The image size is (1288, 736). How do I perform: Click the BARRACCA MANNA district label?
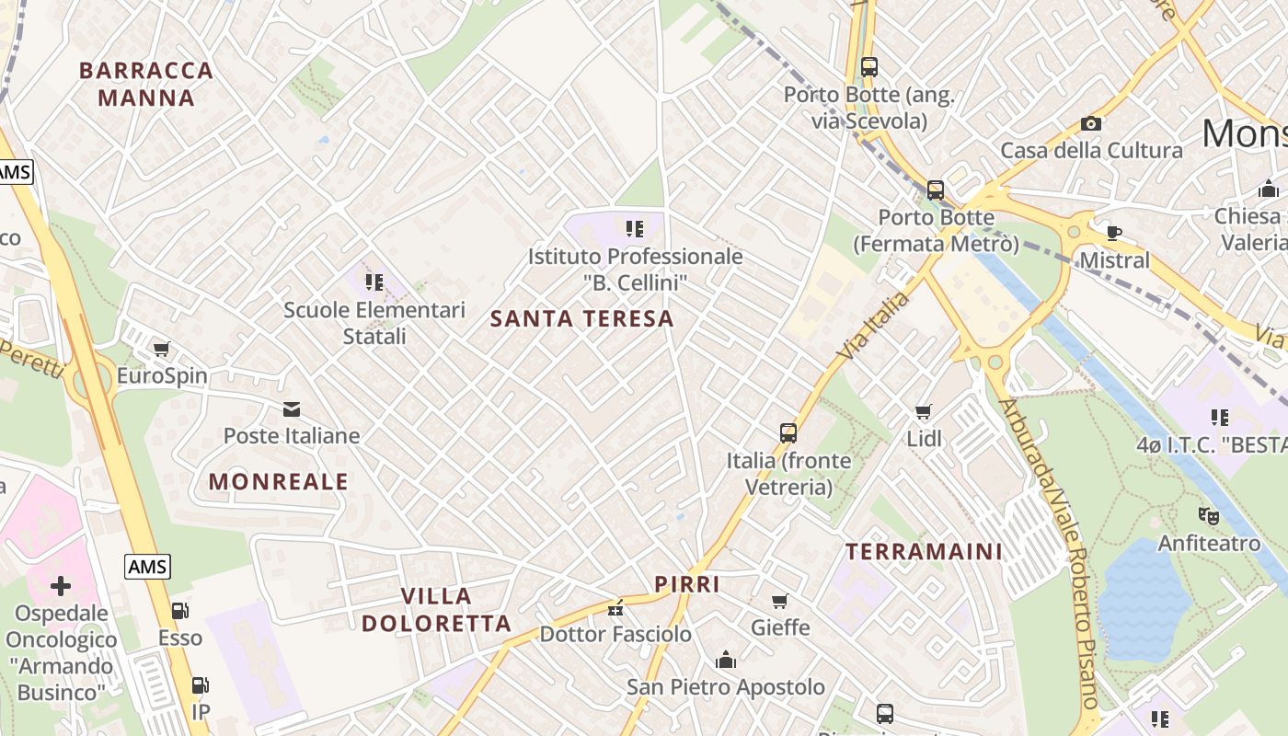click(x=146, y=84)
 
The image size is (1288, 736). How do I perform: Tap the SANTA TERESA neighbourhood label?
click(x=582, y=319)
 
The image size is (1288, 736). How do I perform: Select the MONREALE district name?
click(x=279, y=481)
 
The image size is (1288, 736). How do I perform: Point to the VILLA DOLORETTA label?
click(x=436, y=610)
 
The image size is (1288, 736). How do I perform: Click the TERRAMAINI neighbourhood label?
click(x=924, y=552)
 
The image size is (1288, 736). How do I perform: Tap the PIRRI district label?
click(x=687, y=584)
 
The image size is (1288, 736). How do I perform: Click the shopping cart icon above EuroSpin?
click(x=162, y=350)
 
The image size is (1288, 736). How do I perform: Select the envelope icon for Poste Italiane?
click(x=292, y=409)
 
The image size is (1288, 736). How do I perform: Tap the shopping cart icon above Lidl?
click(x=924, y=412)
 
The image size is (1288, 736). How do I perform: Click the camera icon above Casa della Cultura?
click(x=1091, y=123)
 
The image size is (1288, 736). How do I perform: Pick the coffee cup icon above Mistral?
click(x=1114, y=233)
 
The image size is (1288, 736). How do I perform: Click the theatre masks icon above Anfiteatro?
click(x=1209, y=516)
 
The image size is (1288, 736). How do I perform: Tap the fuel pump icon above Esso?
click(x=180, y=611)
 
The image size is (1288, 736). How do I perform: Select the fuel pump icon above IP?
click(x=200, y=685)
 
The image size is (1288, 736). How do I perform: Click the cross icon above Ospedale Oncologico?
click(x=61, y=586)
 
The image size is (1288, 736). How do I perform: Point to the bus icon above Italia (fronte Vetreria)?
click(x=788, y=433)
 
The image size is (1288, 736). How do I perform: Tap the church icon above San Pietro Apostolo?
click(x=726, y=660)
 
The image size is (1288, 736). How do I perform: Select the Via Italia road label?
click(x=873, y=326)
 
